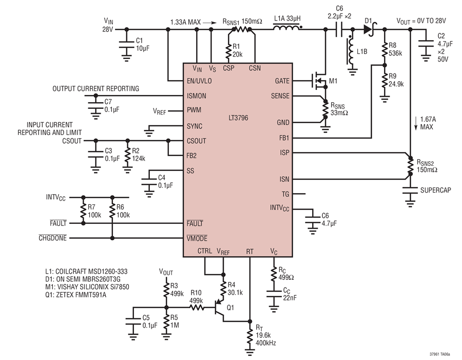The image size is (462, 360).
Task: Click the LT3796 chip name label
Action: click(238, 118)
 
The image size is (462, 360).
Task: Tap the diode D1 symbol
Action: click(369, 29)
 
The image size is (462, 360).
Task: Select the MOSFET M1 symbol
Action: click(319, 80)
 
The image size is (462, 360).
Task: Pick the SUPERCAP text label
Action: click(435, 191)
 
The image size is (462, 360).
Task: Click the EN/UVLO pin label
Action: click(199, 81)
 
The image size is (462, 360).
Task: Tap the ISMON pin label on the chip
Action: click(197, 96)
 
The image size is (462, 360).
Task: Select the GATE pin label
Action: click(282, 81)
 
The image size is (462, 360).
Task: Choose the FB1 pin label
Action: click(284, 138)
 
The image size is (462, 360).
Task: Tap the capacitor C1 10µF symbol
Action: click(126, 44)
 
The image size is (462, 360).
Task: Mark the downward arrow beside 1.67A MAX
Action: click(416, 123)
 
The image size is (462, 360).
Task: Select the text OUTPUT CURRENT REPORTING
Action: click(96, 89)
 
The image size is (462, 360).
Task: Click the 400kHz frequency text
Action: click(266, 343)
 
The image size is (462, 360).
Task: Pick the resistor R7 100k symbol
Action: click(83, 211)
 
